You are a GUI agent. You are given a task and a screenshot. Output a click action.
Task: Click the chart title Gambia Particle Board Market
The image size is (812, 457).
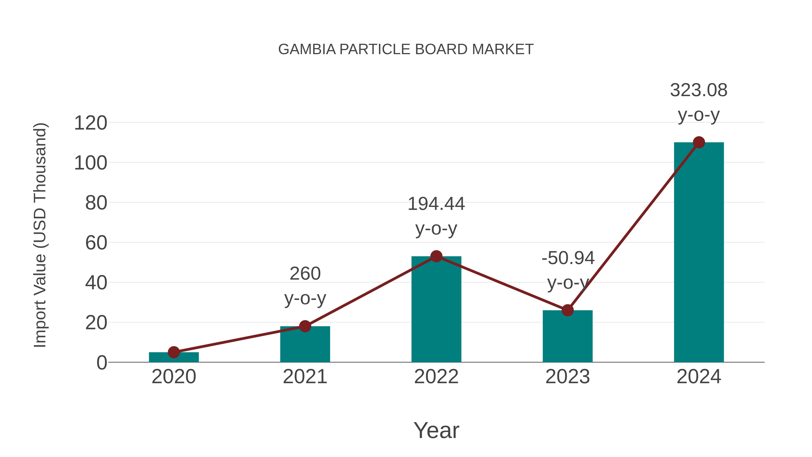tap(406, 49)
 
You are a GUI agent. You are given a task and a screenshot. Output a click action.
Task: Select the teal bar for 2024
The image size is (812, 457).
tap(699, 252)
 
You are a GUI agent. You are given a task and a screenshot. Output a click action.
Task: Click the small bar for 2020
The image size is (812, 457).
tap(174, 357)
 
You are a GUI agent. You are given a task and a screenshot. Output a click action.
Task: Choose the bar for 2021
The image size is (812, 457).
tap(305, 344)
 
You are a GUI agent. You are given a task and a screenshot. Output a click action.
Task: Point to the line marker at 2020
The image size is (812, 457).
tap(174, 352)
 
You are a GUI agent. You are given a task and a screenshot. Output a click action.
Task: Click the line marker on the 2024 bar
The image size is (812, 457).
tap(699, 143)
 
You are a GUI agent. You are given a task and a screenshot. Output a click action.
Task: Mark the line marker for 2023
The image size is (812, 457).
tap(567, 310)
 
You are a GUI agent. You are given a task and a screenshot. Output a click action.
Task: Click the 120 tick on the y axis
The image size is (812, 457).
tap(90, 123)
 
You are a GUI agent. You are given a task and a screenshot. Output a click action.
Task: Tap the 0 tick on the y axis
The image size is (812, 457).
tap(101, 363)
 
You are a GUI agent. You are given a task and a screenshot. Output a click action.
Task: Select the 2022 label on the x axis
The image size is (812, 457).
tap(436, 377)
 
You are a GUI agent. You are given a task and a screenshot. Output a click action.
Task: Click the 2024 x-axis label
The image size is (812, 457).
tap(699, 377)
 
